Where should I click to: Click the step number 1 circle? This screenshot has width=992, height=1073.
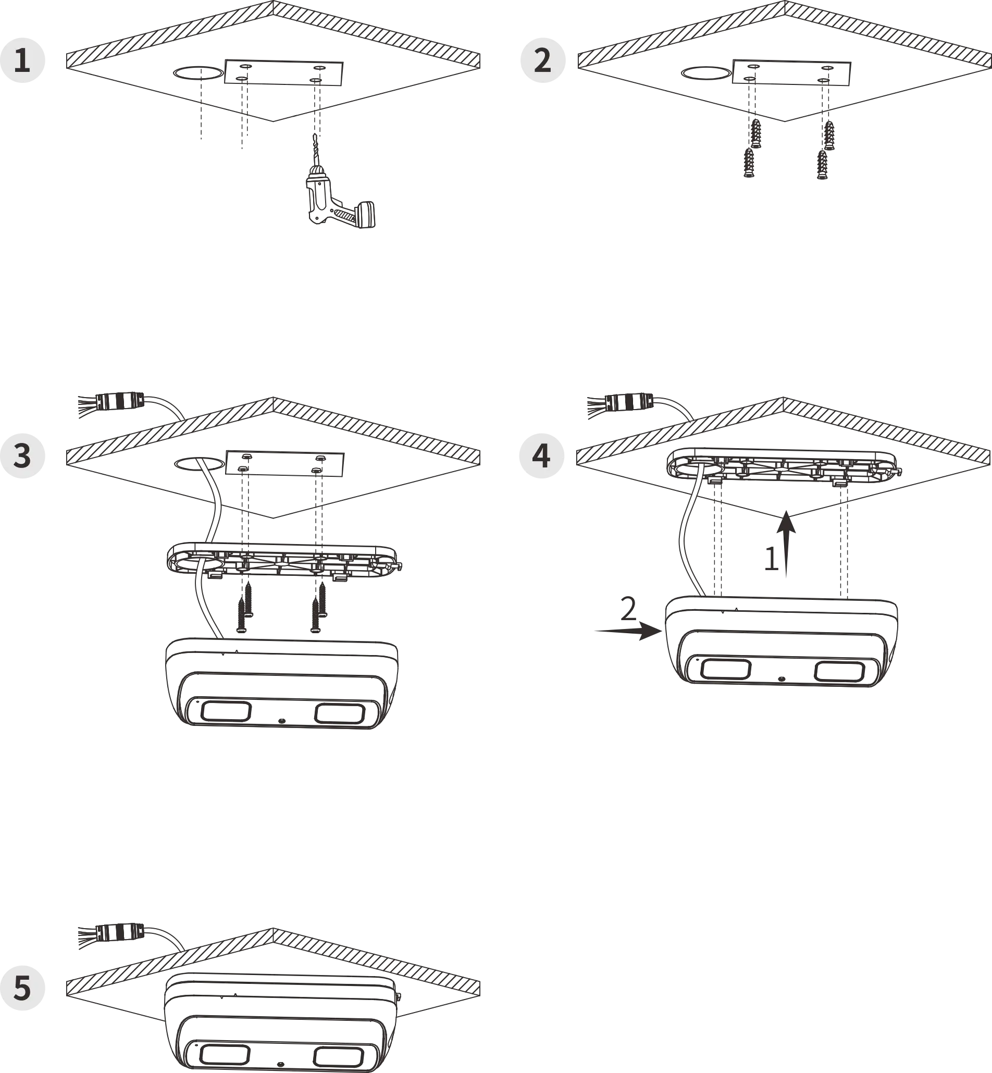[22, 59]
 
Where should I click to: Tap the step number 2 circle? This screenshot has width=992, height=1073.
[543, 59]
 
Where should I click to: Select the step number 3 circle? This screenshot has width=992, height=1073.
[22, 456]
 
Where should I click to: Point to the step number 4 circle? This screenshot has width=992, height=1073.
[542, 456]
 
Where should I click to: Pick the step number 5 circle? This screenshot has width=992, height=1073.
[22, 988]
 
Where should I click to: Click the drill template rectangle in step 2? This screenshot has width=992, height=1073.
[792, 72]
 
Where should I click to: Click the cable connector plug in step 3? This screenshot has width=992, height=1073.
[120, 402]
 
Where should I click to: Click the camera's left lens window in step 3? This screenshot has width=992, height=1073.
[226, 711]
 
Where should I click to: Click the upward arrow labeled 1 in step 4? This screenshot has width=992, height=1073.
[786, 544]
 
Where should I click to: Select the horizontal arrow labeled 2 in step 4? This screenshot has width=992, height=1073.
[628, 632]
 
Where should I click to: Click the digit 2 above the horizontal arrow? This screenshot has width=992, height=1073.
[628, 609]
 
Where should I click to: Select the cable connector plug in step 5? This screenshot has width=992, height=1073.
[120, 933]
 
